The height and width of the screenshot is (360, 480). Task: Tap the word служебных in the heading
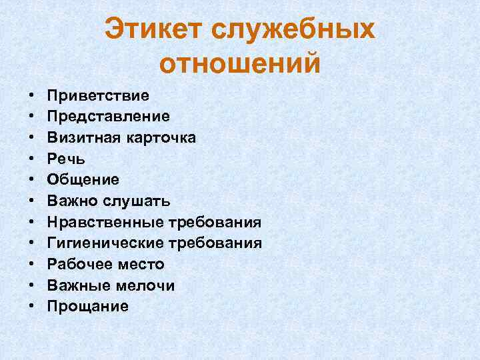(294, 30)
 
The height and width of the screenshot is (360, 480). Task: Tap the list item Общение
(83, 179)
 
